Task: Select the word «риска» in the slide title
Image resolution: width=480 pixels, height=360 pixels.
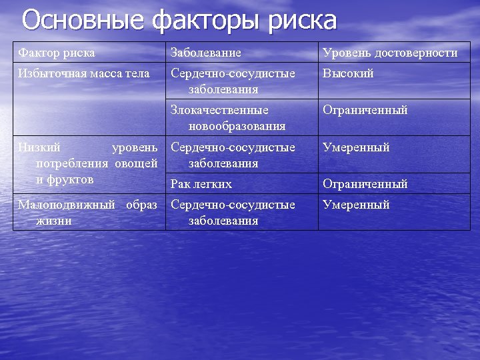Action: (x=303, y=21)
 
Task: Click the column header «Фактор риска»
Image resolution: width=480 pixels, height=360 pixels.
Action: (x=57, y=53)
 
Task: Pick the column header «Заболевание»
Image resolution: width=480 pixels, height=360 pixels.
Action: (x=206, y=53)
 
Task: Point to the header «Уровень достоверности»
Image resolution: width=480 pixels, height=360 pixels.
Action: (x=390, y=53)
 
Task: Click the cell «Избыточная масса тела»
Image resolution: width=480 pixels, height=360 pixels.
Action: (x=84, y=73)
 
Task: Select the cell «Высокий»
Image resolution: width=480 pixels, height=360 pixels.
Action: (x=348, y=73)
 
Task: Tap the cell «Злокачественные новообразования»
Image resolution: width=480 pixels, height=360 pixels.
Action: (x=229, y=117)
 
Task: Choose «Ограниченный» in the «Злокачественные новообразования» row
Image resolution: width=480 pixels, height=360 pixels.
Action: (x=365, y=110)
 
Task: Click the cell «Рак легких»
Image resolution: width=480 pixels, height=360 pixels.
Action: (x=201, y=184)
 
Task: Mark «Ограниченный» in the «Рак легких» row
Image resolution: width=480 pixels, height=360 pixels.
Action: (x=365, y=184)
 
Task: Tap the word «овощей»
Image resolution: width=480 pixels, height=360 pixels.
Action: (x=136, y=163)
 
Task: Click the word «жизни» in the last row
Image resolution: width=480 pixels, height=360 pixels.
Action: (x=53, y=221)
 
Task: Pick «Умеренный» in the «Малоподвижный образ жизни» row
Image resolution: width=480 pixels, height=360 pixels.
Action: (x=356, y=205)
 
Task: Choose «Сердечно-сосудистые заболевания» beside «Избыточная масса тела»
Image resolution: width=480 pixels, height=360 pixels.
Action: (x=233, y=81)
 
